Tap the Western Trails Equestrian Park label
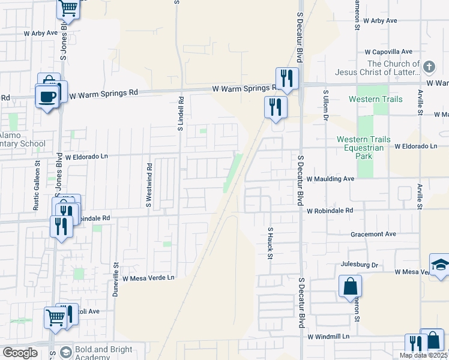pos(363,148)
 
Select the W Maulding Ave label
pos(330,179)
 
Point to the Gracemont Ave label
pos(375,234)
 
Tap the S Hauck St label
pos(271,243)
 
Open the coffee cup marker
pos(47,97)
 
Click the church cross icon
pos(429,67)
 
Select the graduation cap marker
pos(440,265)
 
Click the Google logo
pos(20,353)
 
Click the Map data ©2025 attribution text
pos(423,355)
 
